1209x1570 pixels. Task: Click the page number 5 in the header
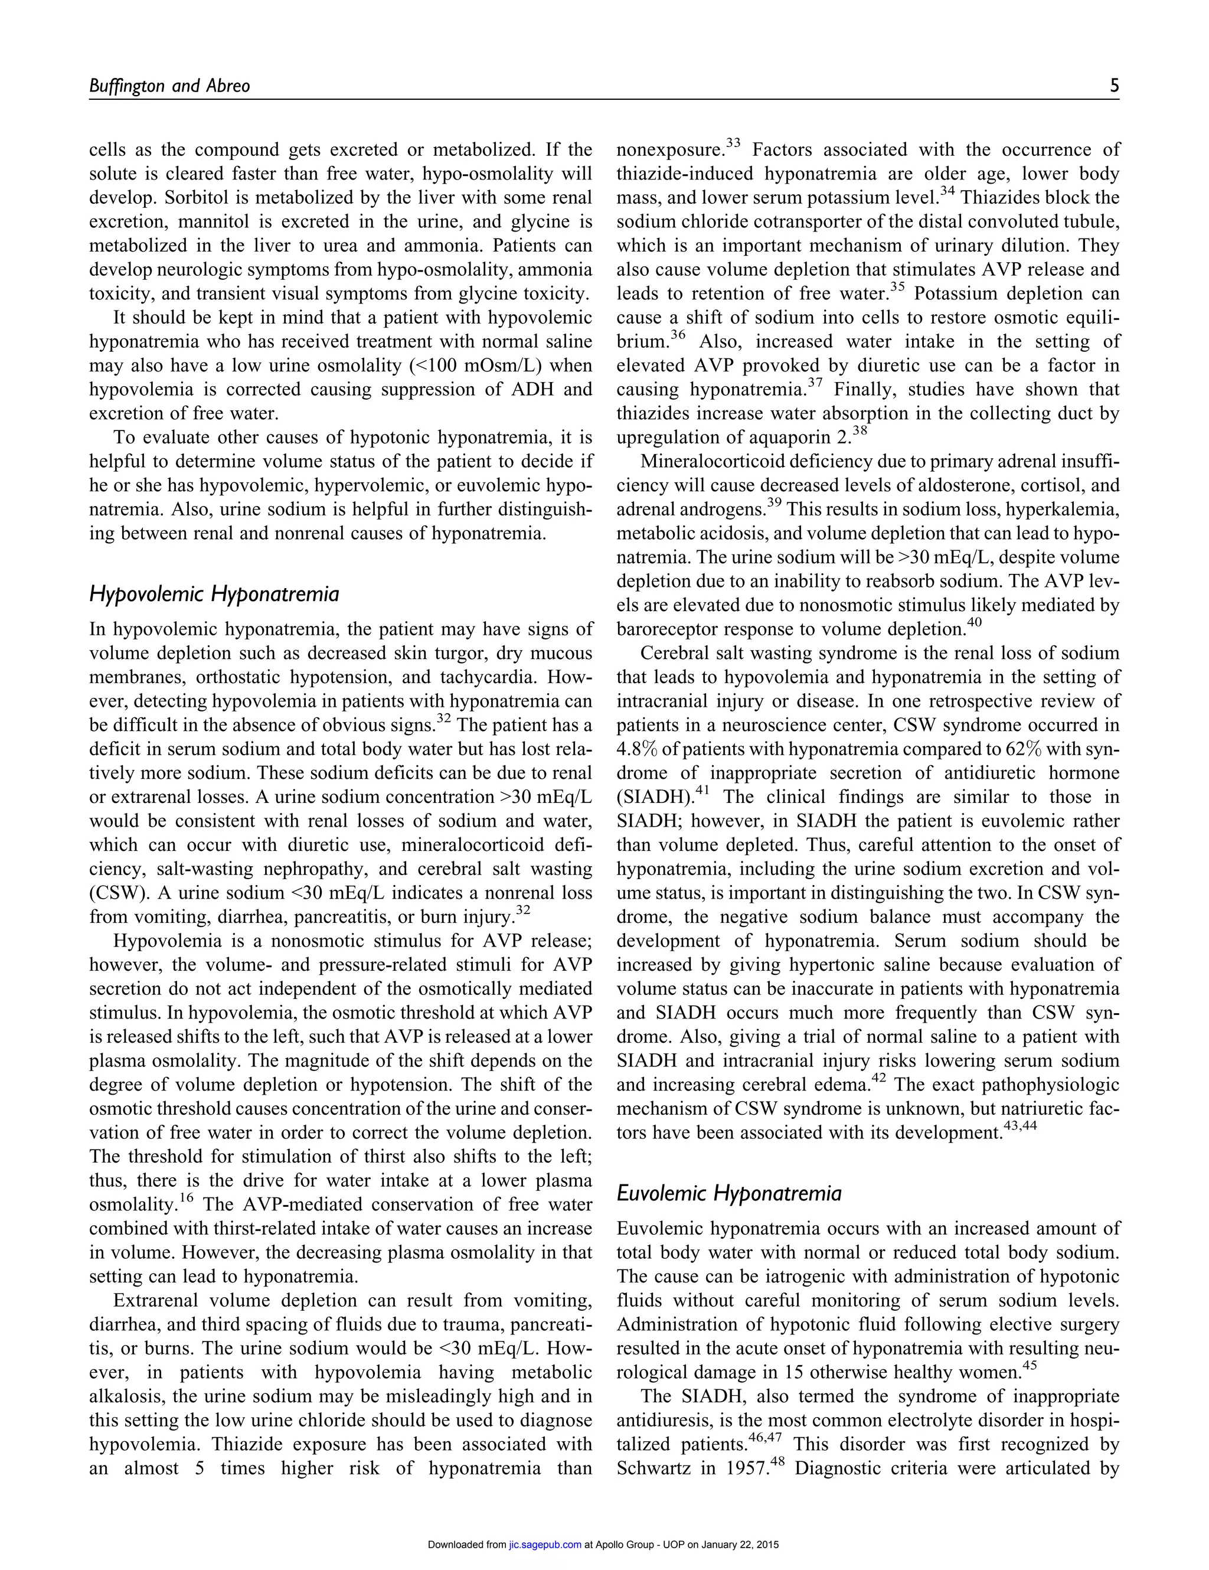click(x=1114, y=86)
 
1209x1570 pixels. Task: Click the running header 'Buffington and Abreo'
click(x=169, y=86)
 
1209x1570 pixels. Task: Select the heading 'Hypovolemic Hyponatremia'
click(x=214, y=595)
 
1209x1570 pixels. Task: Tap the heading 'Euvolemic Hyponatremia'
click(x=729, y=1193)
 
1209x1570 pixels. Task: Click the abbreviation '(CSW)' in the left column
click(x=115, y=893)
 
